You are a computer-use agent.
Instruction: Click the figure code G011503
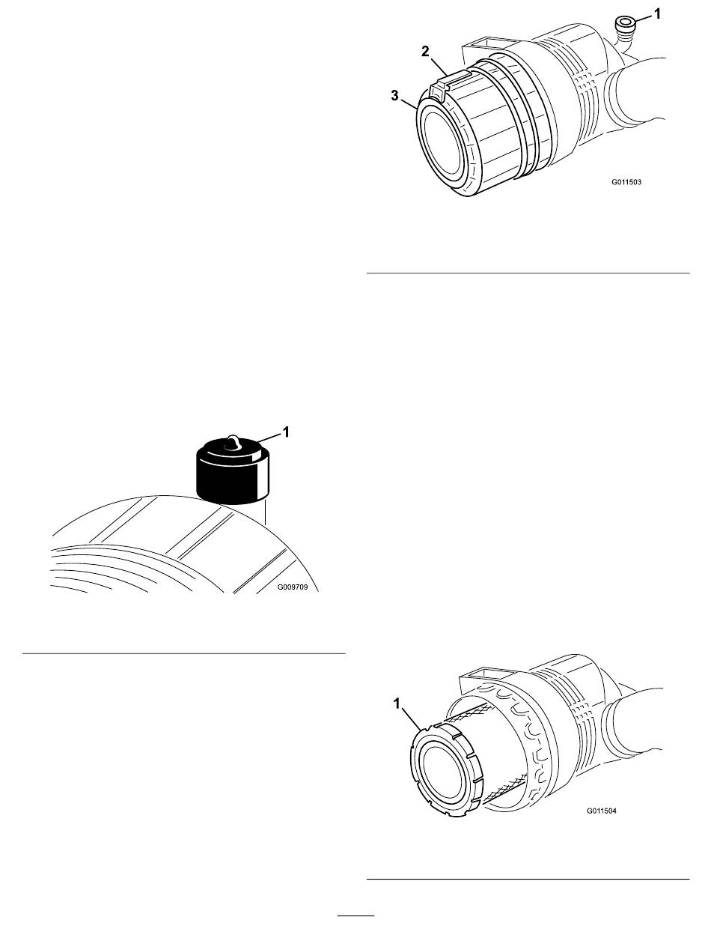tap(626, 182)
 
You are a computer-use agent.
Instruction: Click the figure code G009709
tap(293, 587)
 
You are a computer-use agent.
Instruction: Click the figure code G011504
tap(601, 811)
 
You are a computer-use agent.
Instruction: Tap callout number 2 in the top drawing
tap(426, 52)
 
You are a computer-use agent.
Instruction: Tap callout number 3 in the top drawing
tap(395, 95)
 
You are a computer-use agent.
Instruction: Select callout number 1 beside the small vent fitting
tap(657, 14)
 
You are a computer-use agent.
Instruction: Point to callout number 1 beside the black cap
tap(286, 432)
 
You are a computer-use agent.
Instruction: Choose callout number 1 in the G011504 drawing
tap(397, 704)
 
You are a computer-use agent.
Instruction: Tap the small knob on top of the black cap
tap(232, 442)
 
